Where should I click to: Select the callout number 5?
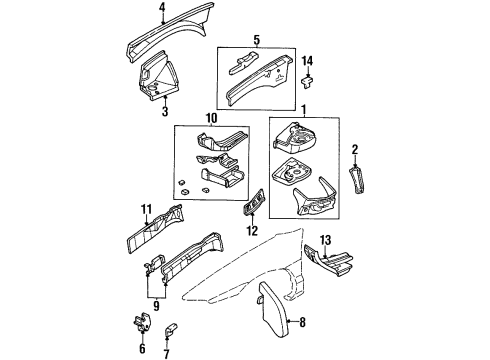point(256,41)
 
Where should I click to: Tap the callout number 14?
point(308,63)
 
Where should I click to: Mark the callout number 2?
point(354,149)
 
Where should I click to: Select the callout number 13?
point(324,241)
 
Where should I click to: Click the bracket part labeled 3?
point(157,79)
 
